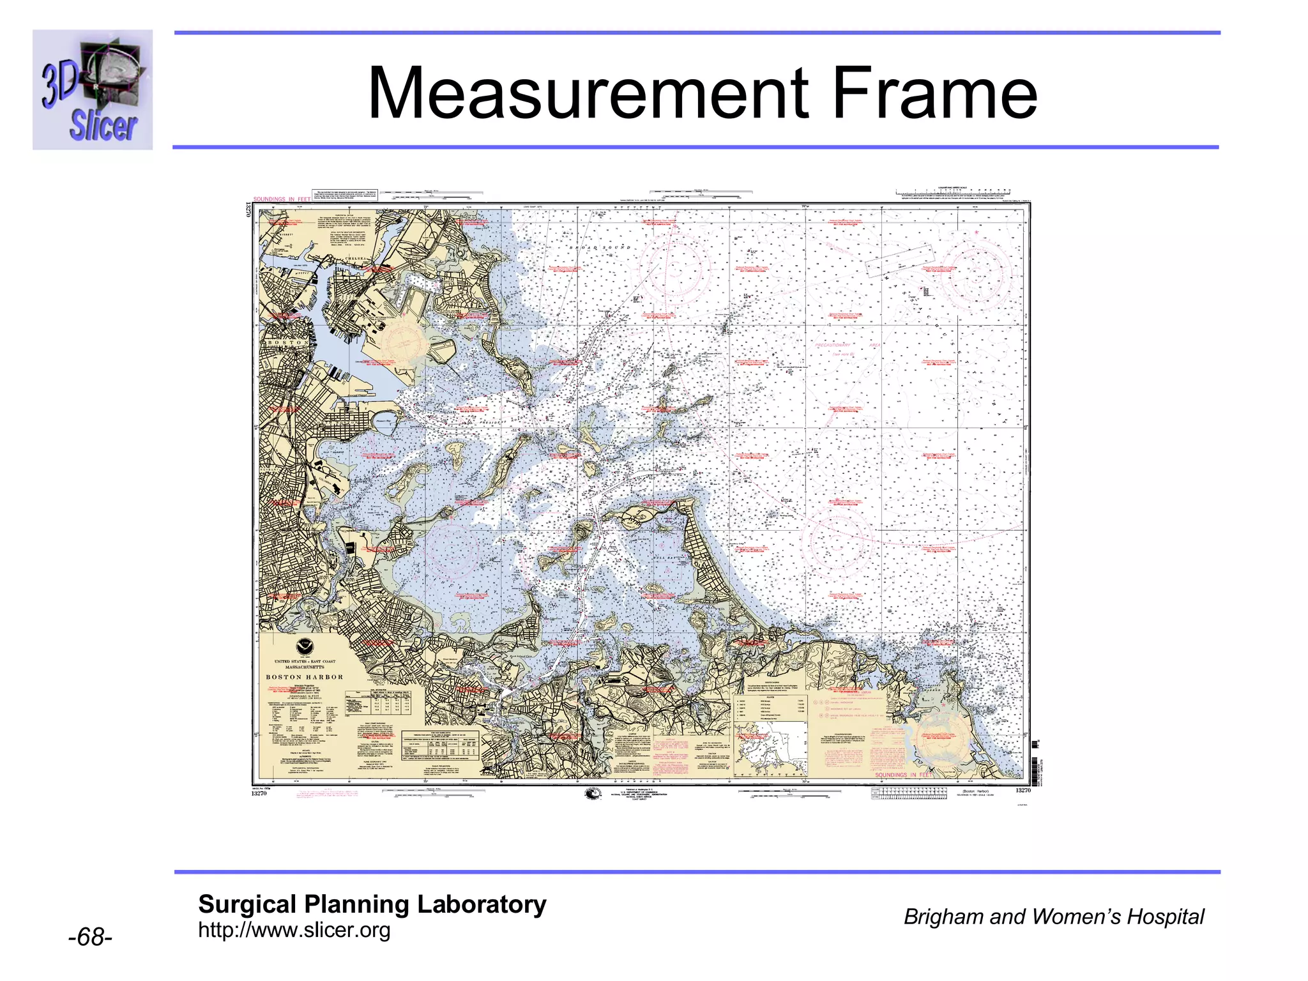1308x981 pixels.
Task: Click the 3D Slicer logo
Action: (93, 89)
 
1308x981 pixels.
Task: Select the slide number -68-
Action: (90, 938)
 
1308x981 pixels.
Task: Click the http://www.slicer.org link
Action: (294, 930)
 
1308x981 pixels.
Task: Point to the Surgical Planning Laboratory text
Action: (372, 904)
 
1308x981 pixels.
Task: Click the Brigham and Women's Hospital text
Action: (1053, 916)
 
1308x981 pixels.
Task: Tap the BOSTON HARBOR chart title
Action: (305, 677)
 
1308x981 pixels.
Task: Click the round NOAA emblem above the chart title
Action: (305, 646)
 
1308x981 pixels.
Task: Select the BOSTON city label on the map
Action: (288, 343)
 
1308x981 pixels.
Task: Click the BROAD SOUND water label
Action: (600, 247)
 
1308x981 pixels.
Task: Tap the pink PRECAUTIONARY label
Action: (832, 345)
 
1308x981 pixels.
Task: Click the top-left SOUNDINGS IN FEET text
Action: (282, 199)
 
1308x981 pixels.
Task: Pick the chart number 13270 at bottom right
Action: (1023, 791)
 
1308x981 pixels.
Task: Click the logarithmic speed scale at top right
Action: (953, 192)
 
